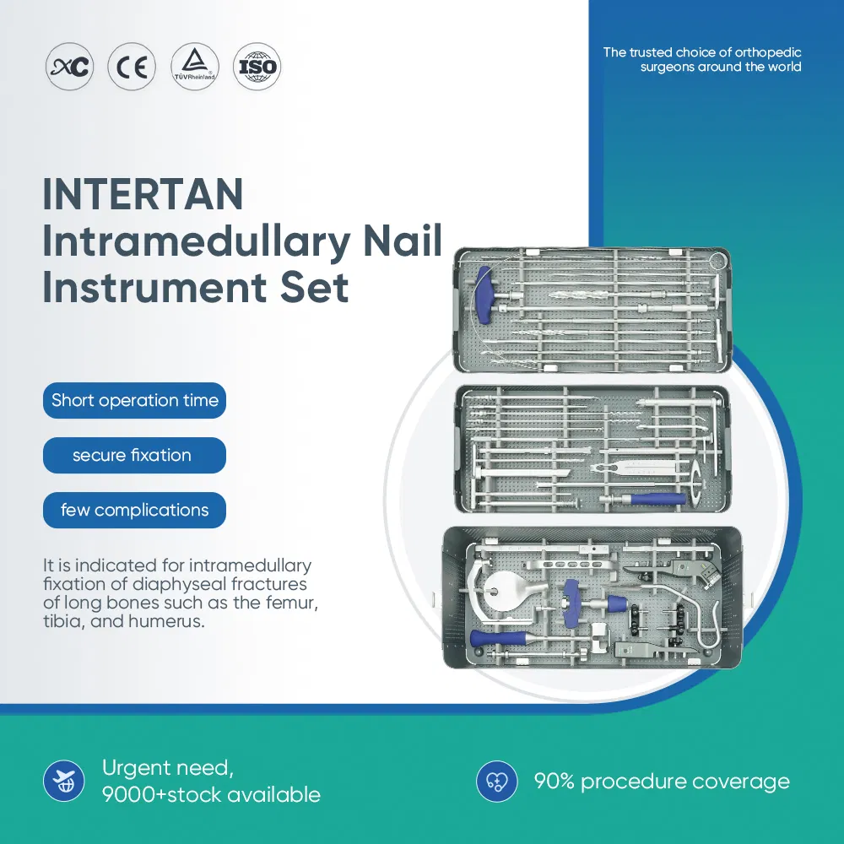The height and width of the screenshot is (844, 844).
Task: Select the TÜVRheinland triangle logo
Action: (194, 66)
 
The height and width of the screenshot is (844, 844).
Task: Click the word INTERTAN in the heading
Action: (143, 195)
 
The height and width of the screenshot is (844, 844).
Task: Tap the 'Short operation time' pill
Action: (135, 400)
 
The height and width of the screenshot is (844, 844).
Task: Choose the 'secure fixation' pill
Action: (133, 455)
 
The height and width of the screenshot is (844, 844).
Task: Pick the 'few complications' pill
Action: (135, 510)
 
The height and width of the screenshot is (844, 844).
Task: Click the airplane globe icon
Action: (64, 782)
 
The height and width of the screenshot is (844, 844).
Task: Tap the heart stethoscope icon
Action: (497, 782)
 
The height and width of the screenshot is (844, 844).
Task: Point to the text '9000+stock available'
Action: (211, 794)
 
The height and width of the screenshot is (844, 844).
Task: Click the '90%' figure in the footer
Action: (553, 782)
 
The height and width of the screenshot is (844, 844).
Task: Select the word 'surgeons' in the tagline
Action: (668, 68)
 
